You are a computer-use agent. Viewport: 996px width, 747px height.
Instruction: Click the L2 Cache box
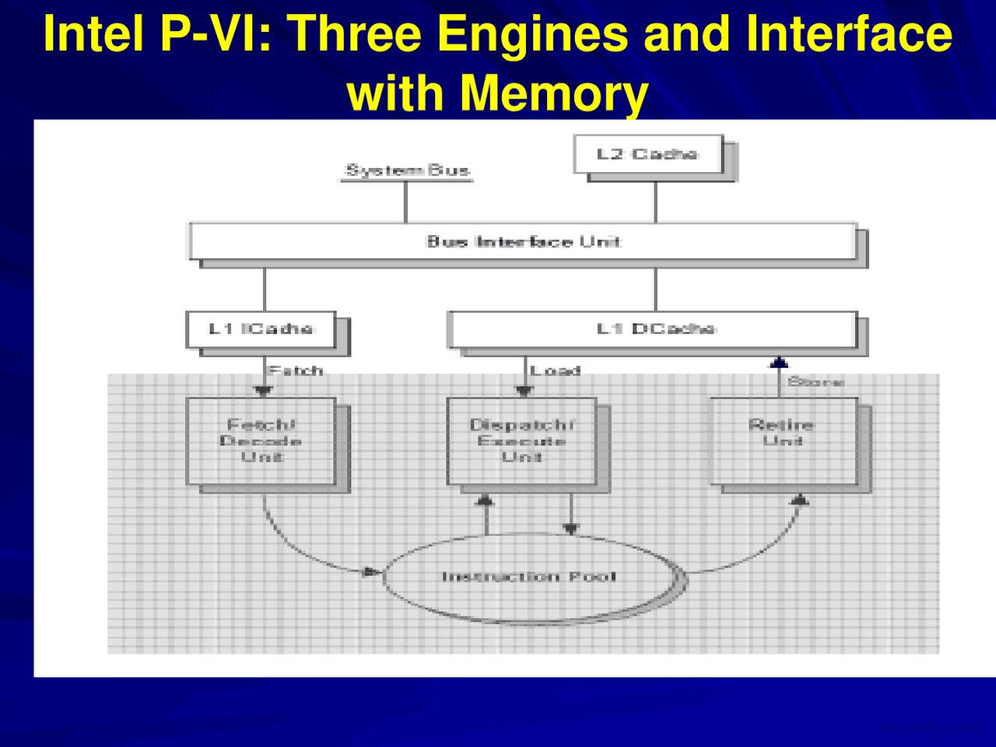[x=648, y=154]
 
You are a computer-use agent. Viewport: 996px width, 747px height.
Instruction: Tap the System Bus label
[x=407, y=170]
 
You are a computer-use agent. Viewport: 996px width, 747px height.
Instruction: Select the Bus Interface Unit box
[x=524, y=241]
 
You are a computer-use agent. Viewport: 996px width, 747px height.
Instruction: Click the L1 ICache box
[x=261, y=329]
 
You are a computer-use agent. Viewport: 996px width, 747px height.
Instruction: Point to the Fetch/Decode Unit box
[x=261, y=441]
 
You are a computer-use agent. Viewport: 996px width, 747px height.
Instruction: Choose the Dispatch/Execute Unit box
[x=521, y=441]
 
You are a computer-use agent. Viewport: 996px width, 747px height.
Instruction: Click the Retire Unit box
[x=783, y=441]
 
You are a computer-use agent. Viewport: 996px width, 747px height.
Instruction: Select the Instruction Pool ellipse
[x=529, y=577]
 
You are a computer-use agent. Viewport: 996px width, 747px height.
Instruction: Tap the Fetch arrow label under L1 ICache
[x=296, y=370]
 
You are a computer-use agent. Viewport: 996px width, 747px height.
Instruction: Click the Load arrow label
[x=556, y=370]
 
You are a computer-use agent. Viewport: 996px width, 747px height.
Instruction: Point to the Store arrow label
[x=815, y=381]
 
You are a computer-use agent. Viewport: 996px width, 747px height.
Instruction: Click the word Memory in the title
[x=552, y=93]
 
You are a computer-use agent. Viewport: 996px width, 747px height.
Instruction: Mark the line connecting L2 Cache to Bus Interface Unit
[x=656, y=202]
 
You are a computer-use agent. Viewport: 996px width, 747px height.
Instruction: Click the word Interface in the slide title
[x=848, y=34]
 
